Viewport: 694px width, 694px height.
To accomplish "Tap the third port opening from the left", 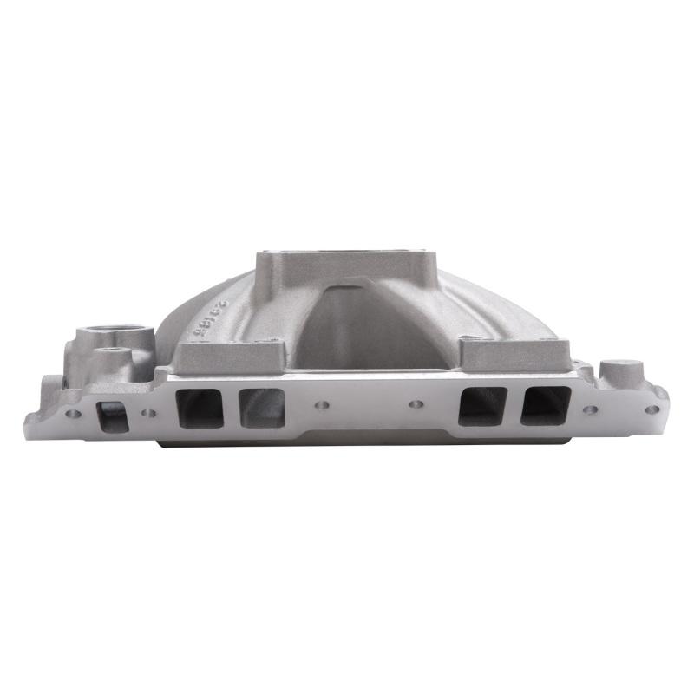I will point(261,407).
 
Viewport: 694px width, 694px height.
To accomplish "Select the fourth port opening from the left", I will point(482,405).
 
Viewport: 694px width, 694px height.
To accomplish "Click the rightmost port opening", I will point(546,405).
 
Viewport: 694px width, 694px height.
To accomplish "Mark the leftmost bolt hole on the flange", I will point(74,414).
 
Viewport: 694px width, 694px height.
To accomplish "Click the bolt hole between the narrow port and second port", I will point(148,413).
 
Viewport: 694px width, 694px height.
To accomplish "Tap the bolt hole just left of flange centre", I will point(322,405).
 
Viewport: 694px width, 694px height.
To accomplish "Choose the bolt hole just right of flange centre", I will point(416,404).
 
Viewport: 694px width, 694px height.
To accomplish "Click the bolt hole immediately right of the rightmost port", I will point(591,409).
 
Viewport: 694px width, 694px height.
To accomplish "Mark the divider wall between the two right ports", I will point(514,405).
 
